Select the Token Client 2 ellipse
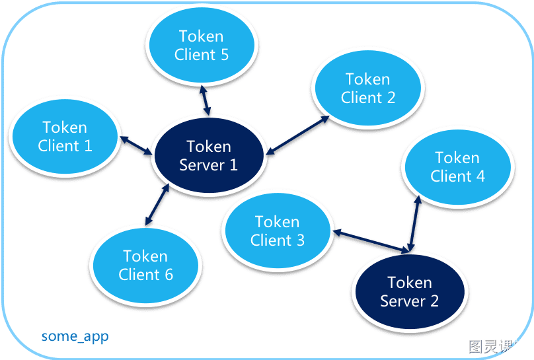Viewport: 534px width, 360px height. click(368, 88)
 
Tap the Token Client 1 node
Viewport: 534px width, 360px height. click(65, 137)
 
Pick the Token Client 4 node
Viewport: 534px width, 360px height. click(457, 167)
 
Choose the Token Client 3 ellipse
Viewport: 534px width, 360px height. click(278, 231)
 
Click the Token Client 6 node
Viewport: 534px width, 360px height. click(146, 266)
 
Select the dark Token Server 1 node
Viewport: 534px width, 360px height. click(209, 155)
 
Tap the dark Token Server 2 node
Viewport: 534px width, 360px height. click(410, 291)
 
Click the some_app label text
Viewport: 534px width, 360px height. click(75, 336)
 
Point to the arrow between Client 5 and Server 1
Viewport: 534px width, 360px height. click(205, 100)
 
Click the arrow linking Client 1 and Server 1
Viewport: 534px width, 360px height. click(136, 145)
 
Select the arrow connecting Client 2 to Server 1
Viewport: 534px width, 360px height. click(297, 135)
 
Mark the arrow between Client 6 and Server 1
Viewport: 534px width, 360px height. click(157, 205)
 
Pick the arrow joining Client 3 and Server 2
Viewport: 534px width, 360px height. click(371, 242)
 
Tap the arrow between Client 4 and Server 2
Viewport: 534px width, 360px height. click(414, 224)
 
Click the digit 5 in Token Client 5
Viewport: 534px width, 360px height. click(224, 55)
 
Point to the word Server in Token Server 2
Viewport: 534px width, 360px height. click(403, 301)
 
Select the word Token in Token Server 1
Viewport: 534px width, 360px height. click(209, 147)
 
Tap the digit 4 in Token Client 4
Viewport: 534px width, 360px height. click(480, 176)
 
